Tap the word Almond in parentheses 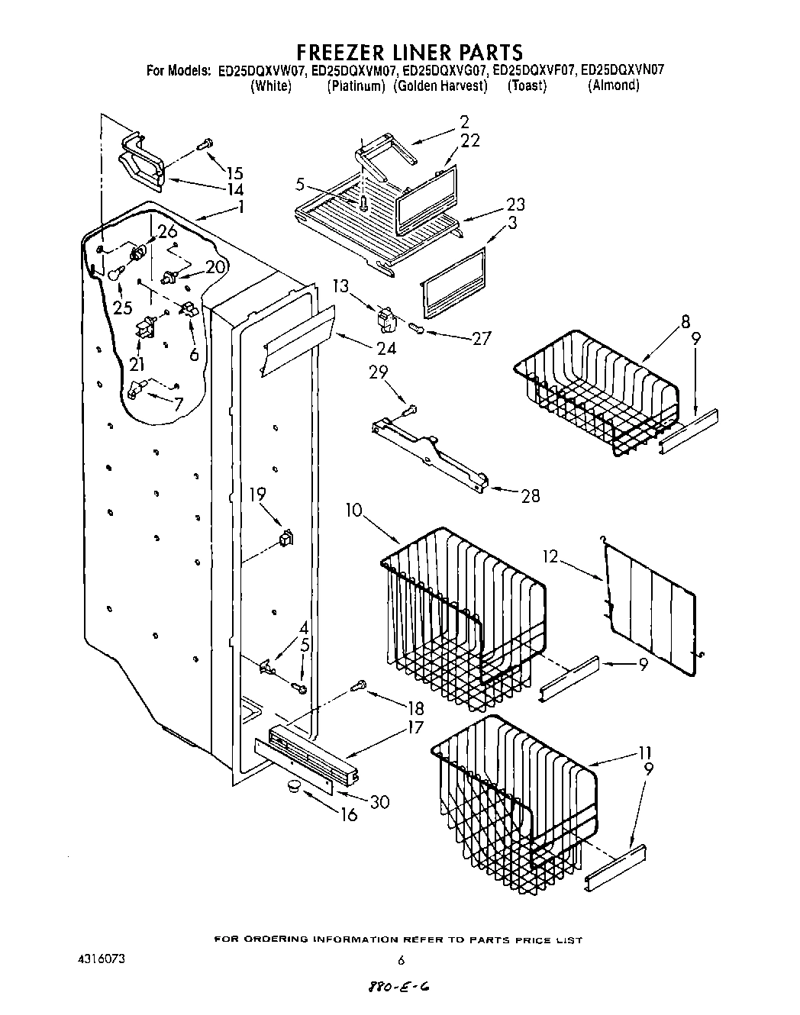613,85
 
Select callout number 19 257,495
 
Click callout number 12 551,557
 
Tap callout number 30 379,801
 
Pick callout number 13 340,286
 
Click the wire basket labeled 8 595,393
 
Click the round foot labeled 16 294,787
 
